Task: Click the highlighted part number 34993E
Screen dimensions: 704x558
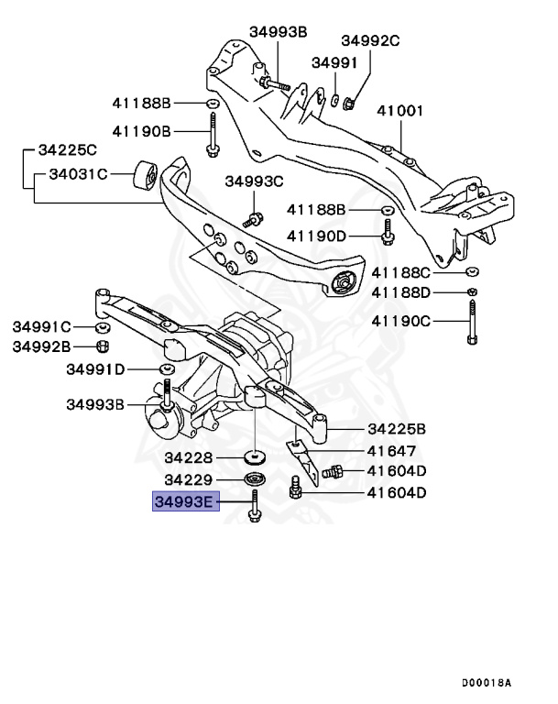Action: coord(185,501)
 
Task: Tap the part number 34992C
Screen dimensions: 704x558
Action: coord(371,40)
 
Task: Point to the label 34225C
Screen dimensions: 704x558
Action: coord(67,148)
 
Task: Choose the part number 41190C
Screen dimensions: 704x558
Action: coord(400,321)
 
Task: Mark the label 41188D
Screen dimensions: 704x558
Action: coord(400,292)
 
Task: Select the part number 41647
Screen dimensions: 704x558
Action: coord(391,451)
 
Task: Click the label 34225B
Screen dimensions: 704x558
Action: coord(397,428)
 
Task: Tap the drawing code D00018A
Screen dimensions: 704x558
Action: coord(486,683)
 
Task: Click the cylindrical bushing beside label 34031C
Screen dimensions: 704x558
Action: coord(147,173)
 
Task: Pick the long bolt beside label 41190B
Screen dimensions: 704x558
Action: coord(212,133)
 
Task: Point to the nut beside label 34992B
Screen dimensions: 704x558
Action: coord(103,346)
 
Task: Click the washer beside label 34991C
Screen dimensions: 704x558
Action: coord(103,326)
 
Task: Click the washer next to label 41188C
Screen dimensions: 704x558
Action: coord(471,272)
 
